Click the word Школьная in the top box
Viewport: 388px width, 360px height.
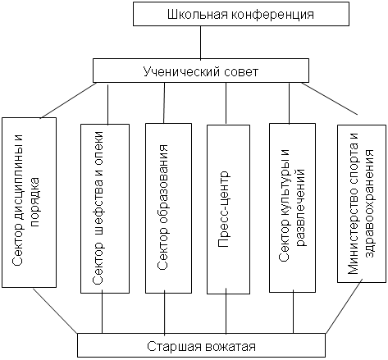[198, 14]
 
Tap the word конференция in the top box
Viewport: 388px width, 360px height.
[273, 15]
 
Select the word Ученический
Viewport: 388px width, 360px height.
[182, 71]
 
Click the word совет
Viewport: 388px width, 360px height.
[241, 72]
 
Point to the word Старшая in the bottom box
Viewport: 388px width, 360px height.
[175, 347]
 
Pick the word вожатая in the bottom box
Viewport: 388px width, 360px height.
[231, 347]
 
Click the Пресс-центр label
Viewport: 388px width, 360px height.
[223, 209]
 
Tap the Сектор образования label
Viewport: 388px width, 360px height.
[163, 207]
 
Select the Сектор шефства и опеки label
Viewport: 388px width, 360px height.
[98, 208]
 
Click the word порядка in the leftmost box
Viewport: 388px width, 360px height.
[35, 203]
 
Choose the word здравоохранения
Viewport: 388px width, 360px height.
[369, 204]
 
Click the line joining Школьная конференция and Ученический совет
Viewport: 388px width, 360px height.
[200, 43]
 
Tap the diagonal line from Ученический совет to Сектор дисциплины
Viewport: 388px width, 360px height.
[69, 100]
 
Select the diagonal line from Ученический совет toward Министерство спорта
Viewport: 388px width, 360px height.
[329, 98]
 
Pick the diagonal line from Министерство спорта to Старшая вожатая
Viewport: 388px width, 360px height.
[344, 306]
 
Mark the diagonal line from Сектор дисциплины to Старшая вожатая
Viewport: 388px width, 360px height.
[55, 311]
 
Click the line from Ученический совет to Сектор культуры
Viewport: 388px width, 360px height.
[289, 103]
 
